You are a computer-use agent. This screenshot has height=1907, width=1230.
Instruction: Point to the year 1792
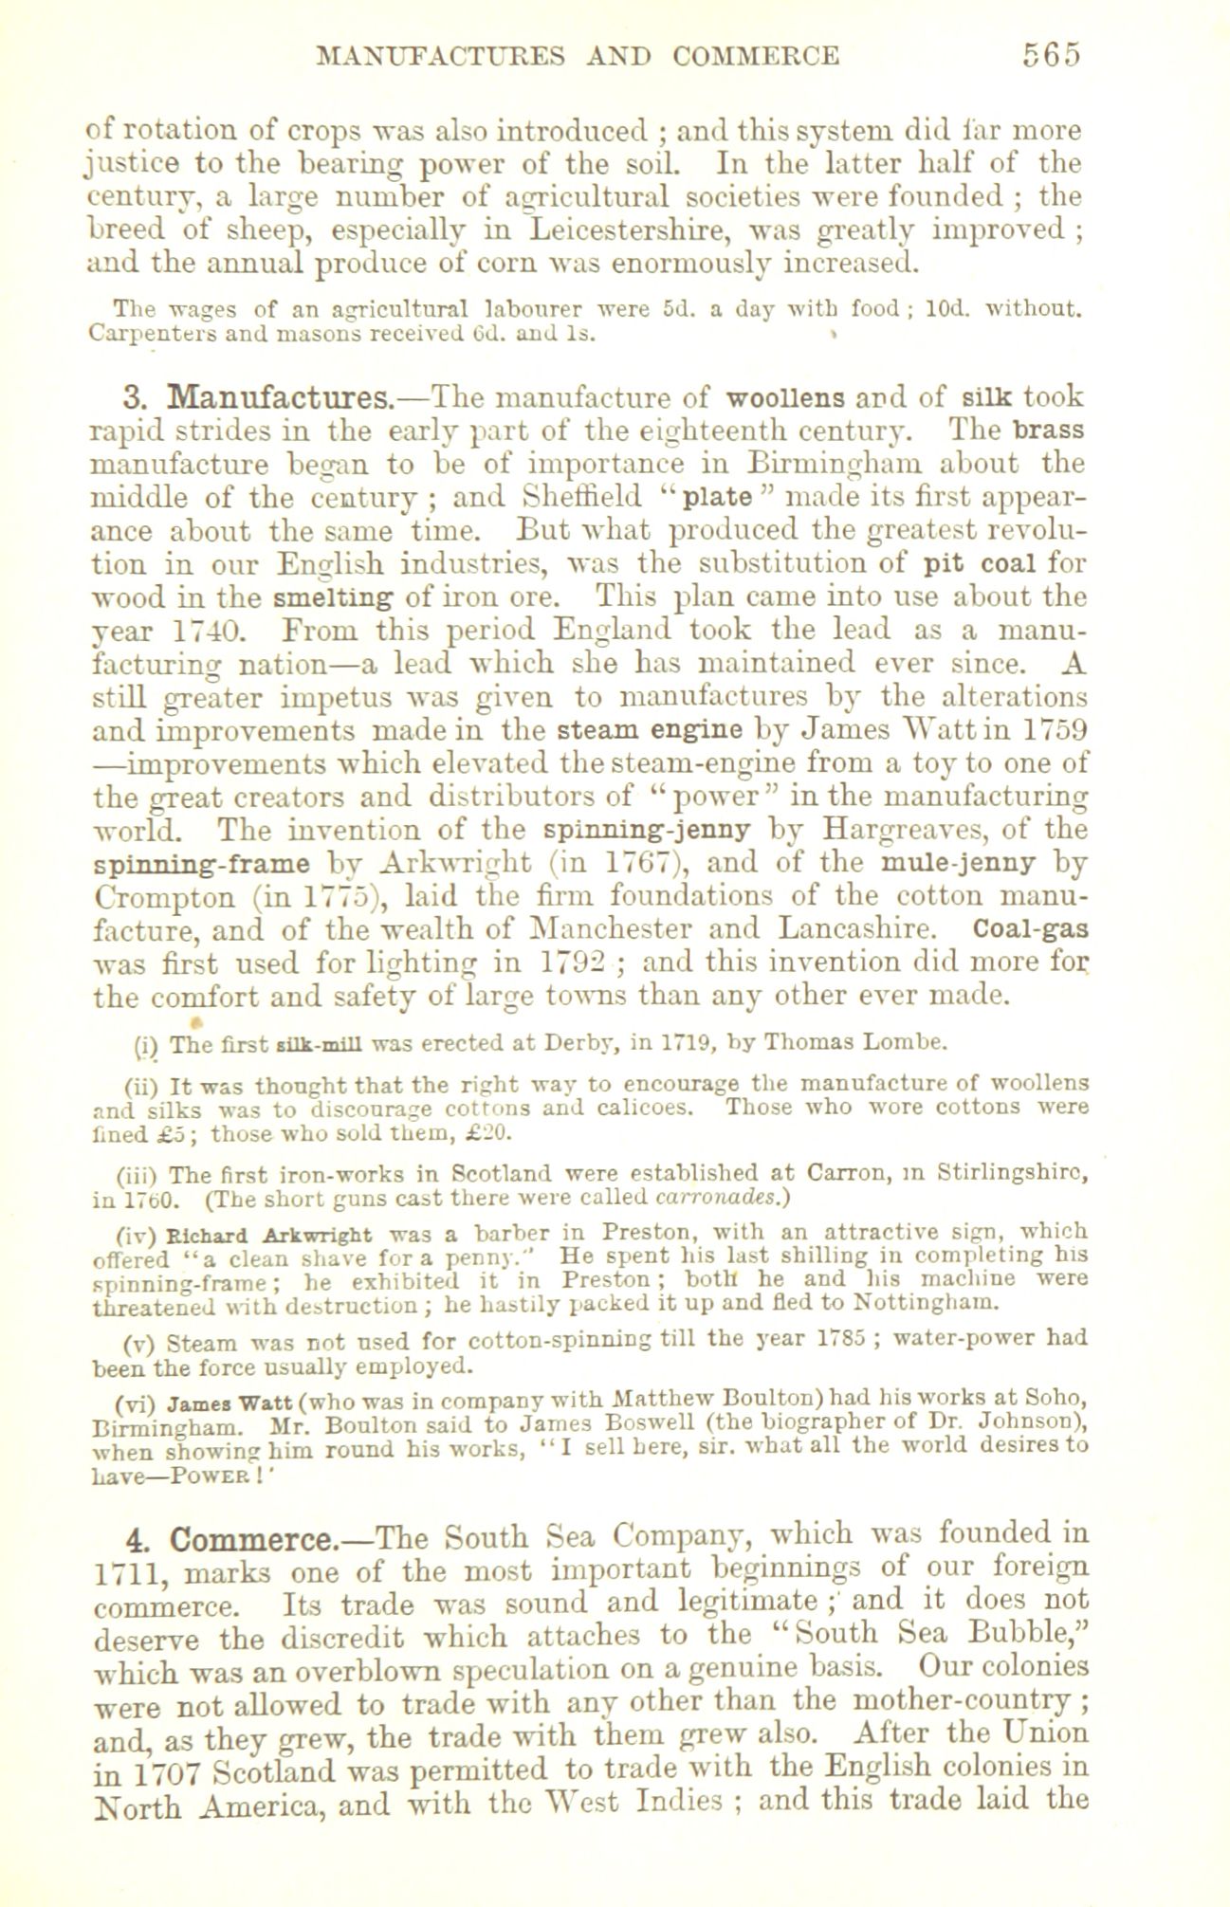click(566, 963)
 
